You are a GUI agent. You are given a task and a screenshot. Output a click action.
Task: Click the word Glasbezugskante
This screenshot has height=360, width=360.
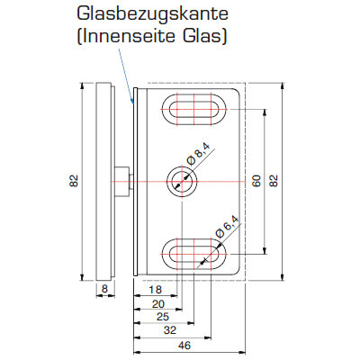pos(152,14)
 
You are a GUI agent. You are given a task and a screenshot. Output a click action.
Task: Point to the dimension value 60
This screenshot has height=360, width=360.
pos(256,181)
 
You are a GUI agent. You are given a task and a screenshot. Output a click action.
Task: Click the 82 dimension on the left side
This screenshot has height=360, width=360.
pos(74,181)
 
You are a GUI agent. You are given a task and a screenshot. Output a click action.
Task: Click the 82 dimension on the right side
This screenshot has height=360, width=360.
pos(274,181)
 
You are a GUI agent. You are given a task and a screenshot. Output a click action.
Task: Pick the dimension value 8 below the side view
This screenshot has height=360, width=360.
pos(104,289)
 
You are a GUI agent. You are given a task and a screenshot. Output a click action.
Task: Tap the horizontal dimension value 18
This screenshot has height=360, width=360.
pos(155,290)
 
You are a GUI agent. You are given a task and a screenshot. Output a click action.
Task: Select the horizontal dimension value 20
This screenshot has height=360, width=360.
pos(158,304)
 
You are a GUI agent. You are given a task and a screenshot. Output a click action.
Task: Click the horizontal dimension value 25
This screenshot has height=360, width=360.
pos(163,317)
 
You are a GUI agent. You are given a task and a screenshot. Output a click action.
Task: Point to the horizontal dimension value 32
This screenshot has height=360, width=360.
pos(170,330)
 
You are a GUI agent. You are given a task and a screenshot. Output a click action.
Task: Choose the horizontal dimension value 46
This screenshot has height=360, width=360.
pos(184,346)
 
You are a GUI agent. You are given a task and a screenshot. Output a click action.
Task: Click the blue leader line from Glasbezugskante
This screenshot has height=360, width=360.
pos(126,76)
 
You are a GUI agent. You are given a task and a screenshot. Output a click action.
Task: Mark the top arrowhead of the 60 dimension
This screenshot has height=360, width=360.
pos(265,112)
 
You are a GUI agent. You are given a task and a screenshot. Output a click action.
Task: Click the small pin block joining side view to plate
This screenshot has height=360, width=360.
pos(121,181)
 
